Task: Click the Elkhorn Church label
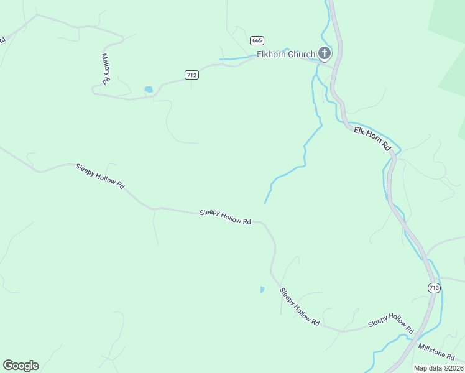pyautogui.click(x=286, y=55)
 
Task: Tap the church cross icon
pyautogui.click(x=325, y=53)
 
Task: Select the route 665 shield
pyautogui.click(x=257, y=40)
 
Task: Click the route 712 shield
pyautogui.click(x=191, y=75)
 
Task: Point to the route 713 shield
pyautogui.click(x=434, y=287)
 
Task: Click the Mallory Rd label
pyautogui.click(x=106, y=68)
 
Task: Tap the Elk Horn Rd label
pyautogui.click(x=371, y=138)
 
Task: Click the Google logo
pyautogui.click(x=21, y=366)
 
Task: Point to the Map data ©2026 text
pyautogui.click(x=438, y=368)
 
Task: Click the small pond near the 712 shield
pyautogui.click(x=149, y=90)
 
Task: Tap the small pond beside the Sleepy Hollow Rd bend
pyautogui.click(x=262, y=290)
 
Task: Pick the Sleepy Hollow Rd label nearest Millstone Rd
pyautogui.click(x=391, y=321)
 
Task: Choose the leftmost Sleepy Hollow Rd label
pyautogui.click(x=100, y=176)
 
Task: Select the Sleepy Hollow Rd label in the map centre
pyautogui.click(x=225, y=216)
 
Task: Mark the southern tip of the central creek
pyautogui.click(x=265, y=203)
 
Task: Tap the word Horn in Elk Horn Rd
pyautogui.click(x=374, y=139)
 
